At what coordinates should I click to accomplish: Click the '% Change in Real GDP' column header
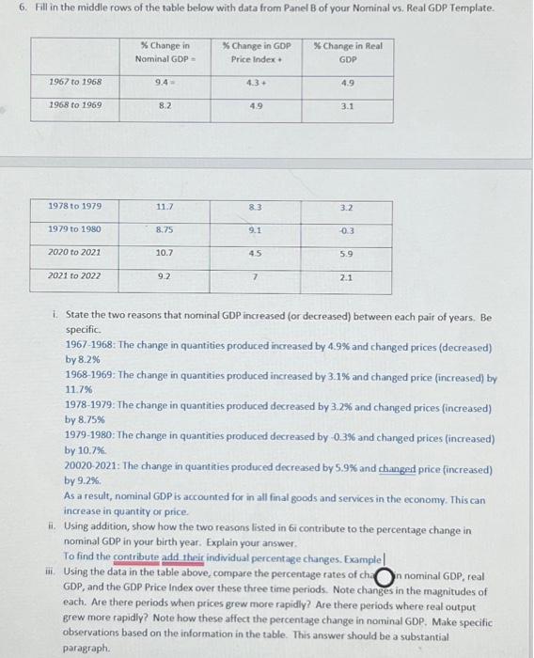pos(348,52)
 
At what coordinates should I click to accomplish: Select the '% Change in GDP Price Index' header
pos(257,52)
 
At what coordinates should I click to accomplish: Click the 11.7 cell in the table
pos(164,206)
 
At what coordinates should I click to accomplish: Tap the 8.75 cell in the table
pos(165,229)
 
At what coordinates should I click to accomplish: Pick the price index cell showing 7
pos(255,276)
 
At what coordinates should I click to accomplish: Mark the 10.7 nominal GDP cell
pos(165,253)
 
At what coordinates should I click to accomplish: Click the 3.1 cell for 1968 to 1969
pos(348,105)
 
